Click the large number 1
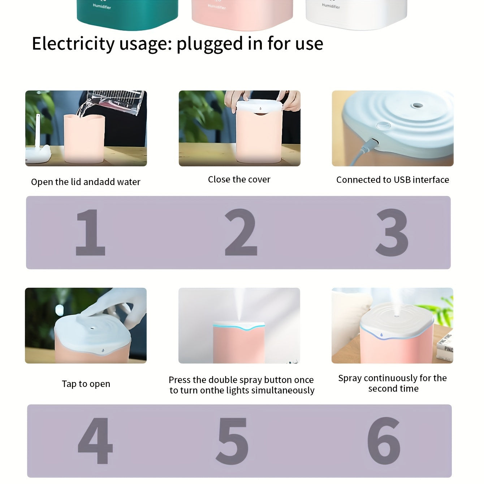pos(90,232)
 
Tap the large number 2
pos(241,232)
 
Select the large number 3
pos(392,232)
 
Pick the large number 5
pos(232,441)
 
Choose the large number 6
pos(384,441)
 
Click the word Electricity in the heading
pos(73,44)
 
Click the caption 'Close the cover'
pos(239,180)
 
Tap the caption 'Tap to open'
pos(86,384)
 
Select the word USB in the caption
pos(402,180)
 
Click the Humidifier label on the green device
pos(102,6)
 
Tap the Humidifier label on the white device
pos(331,6)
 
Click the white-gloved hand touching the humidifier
pos(119,307)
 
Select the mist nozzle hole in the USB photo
pos(417,106)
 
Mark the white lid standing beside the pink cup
pos(38,144)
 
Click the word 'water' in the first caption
pos(129,182)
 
